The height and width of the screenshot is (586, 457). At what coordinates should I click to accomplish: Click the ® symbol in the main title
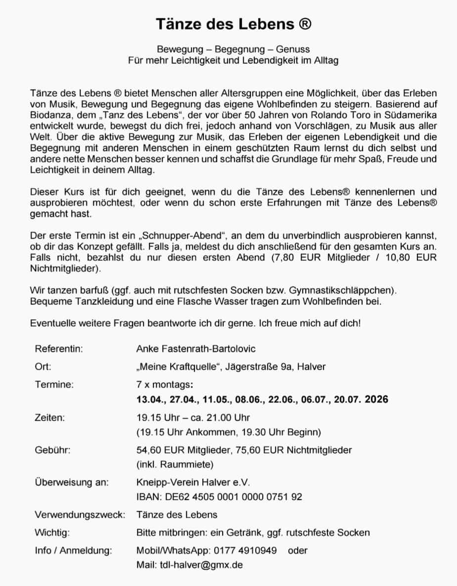coord(305,24)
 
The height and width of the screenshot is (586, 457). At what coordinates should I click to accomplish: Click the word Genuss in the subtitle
coord(293,49)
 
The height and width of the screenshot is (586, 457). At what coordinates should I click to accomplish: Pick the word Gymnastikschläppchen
coord(348,289)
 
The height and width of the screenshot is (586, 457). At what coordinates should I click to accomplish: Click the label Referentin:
coord(58,349)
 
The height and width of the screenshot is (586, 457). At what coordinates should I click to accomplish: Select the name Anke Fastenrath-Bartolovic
coord(196,349)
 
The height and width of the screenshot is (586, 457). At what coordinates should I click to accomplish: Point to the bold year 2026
coord(376,399)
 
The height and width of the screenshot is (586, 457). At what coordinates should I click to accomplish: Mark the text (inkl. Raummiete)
coord(175,464)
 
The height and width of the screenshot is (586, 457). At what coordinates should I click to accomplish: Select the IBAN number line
coord(219,496)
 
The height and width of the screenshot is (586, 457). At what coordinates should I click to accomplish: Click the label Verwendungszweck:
coord(80,515)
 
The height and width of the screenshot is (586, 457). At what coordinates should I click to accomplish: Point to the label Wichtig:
coord(52,533)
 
